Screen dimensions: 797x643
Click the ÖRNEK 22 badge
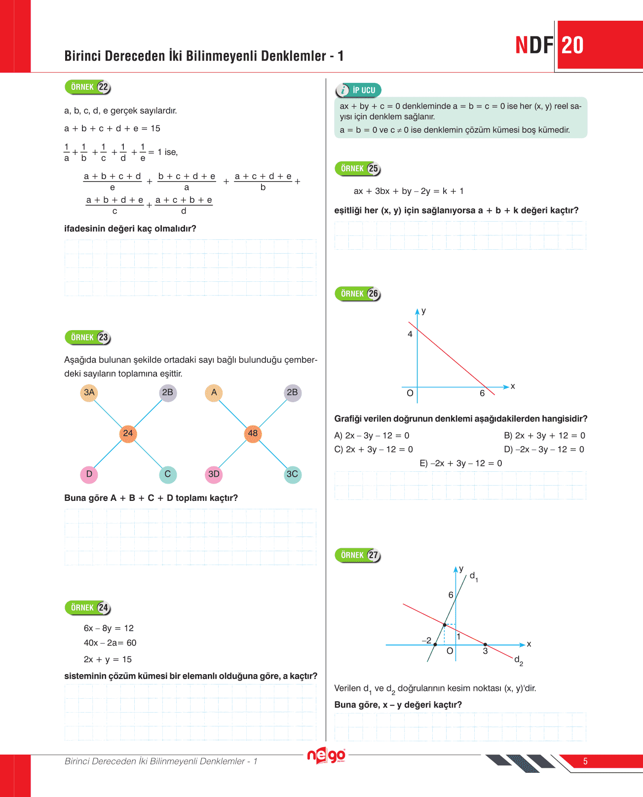coord(88,87)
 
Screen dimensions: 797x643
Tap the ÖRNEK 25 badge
coord(358,169)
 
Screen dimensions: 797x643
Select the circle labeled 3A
coord(89,393)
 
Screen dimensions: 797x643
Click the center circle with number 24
coord(128,433)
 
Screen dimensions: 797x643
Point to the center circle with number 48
coord(253,433)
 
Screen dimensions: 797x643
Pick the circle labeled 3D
coord(214,474)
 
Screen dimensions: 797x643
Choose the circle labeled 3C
coord(292,474)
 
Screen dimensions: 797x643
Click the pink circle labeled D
coord(89,474)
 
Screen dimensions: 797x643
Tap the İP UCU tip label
coord(359,90)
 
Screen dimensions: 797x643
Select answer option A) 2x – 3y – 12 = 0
coord(372,436)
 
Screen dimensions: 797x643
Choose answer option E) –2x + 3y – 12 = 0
coord(460,463)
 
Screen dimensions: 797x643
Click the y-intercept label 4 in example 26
coord(410,334)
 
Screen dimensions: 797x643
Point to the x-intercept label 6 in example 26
coord(482,393)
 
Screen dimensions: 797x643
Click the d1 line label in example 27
coord(473,576)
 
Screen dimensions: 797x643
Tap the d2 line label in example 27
coord(518,660)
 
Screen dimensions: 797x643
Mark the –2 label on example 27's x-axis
coord(426,641)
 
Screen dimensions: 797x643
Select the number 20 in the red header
coord(572,45)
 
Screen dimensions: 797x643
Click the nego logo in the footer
coord(326,756)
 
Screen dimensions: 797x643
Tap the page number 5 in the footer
coord(585,761)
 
